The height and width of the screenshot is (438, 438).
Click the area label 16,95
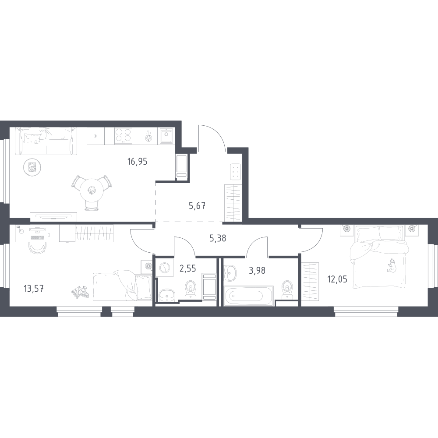pos(138,162)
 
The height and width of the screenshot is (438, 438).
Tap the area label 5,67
pos(198,206)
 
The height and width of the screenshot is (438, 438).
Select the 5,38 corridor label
pos(218,238)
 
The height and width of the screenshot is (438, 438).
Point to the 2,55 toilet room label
pos(187,269)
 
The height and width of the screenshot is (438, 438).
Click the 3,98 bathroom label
pos(257,270)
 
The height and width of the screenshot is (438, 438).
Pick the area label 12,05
pos(337,279)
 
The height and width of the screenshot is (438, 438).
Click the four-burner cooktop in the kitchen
pos(123,136)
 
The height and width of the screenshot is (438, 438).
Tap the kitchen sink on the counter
pos(167,136)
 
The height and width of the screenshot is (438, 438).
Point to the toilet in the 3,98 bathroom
pos(287,290)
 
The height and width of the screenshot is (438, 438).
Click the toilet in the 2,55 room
pos(191,290)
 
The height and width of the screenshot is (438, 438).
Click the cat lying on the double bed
pos(391,265)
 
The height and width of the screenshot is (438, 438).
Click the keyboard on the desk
pos(37,238)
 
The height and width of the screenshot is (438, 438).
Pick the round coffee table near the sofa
pos(33,168)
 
